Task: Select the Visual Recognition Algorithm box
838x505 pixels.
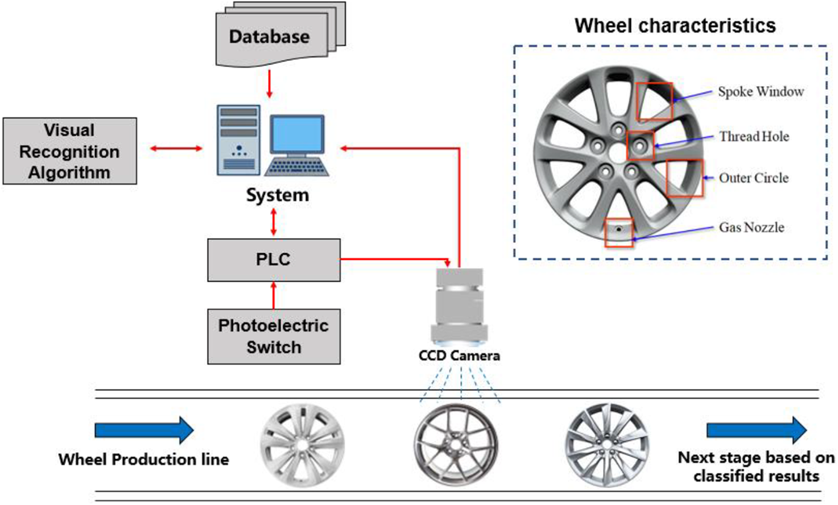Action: tap(70, 151)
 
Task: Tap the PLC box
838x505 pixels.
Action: tap(274, 260)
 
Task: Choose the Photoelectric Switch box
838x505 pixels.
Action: tap(274, 337)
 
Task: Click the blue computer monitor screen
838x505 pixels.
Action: tap(297, 133)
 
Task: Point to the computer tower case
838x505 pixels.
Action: tap(239, 140)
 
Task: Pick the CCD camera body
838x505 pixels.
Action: tap(459, 307)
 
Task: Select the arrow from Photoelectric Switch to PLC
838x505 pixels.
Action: tap(273, 296)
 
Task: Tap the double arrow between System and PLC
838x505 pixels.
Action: tap(273, 222)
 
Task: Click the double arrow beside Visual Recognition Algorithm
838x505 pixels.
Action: tap(176, 148)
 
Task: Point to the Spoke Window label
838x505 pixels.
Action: tap(761, 92)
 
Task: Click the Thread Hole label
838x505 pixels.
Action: tap(754, 137)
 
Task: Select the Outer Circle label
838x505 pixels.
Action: tap(754, 178)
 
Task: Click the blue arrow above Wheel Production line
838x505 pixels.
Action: tap(145, 430)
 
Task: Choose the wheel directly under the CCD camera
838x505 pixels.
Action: tap(456, 445)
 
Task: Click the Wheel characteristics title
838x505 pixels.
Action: tap(675, 26)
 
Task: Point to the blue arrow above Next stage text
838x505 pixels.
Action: tap(756, 430)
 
